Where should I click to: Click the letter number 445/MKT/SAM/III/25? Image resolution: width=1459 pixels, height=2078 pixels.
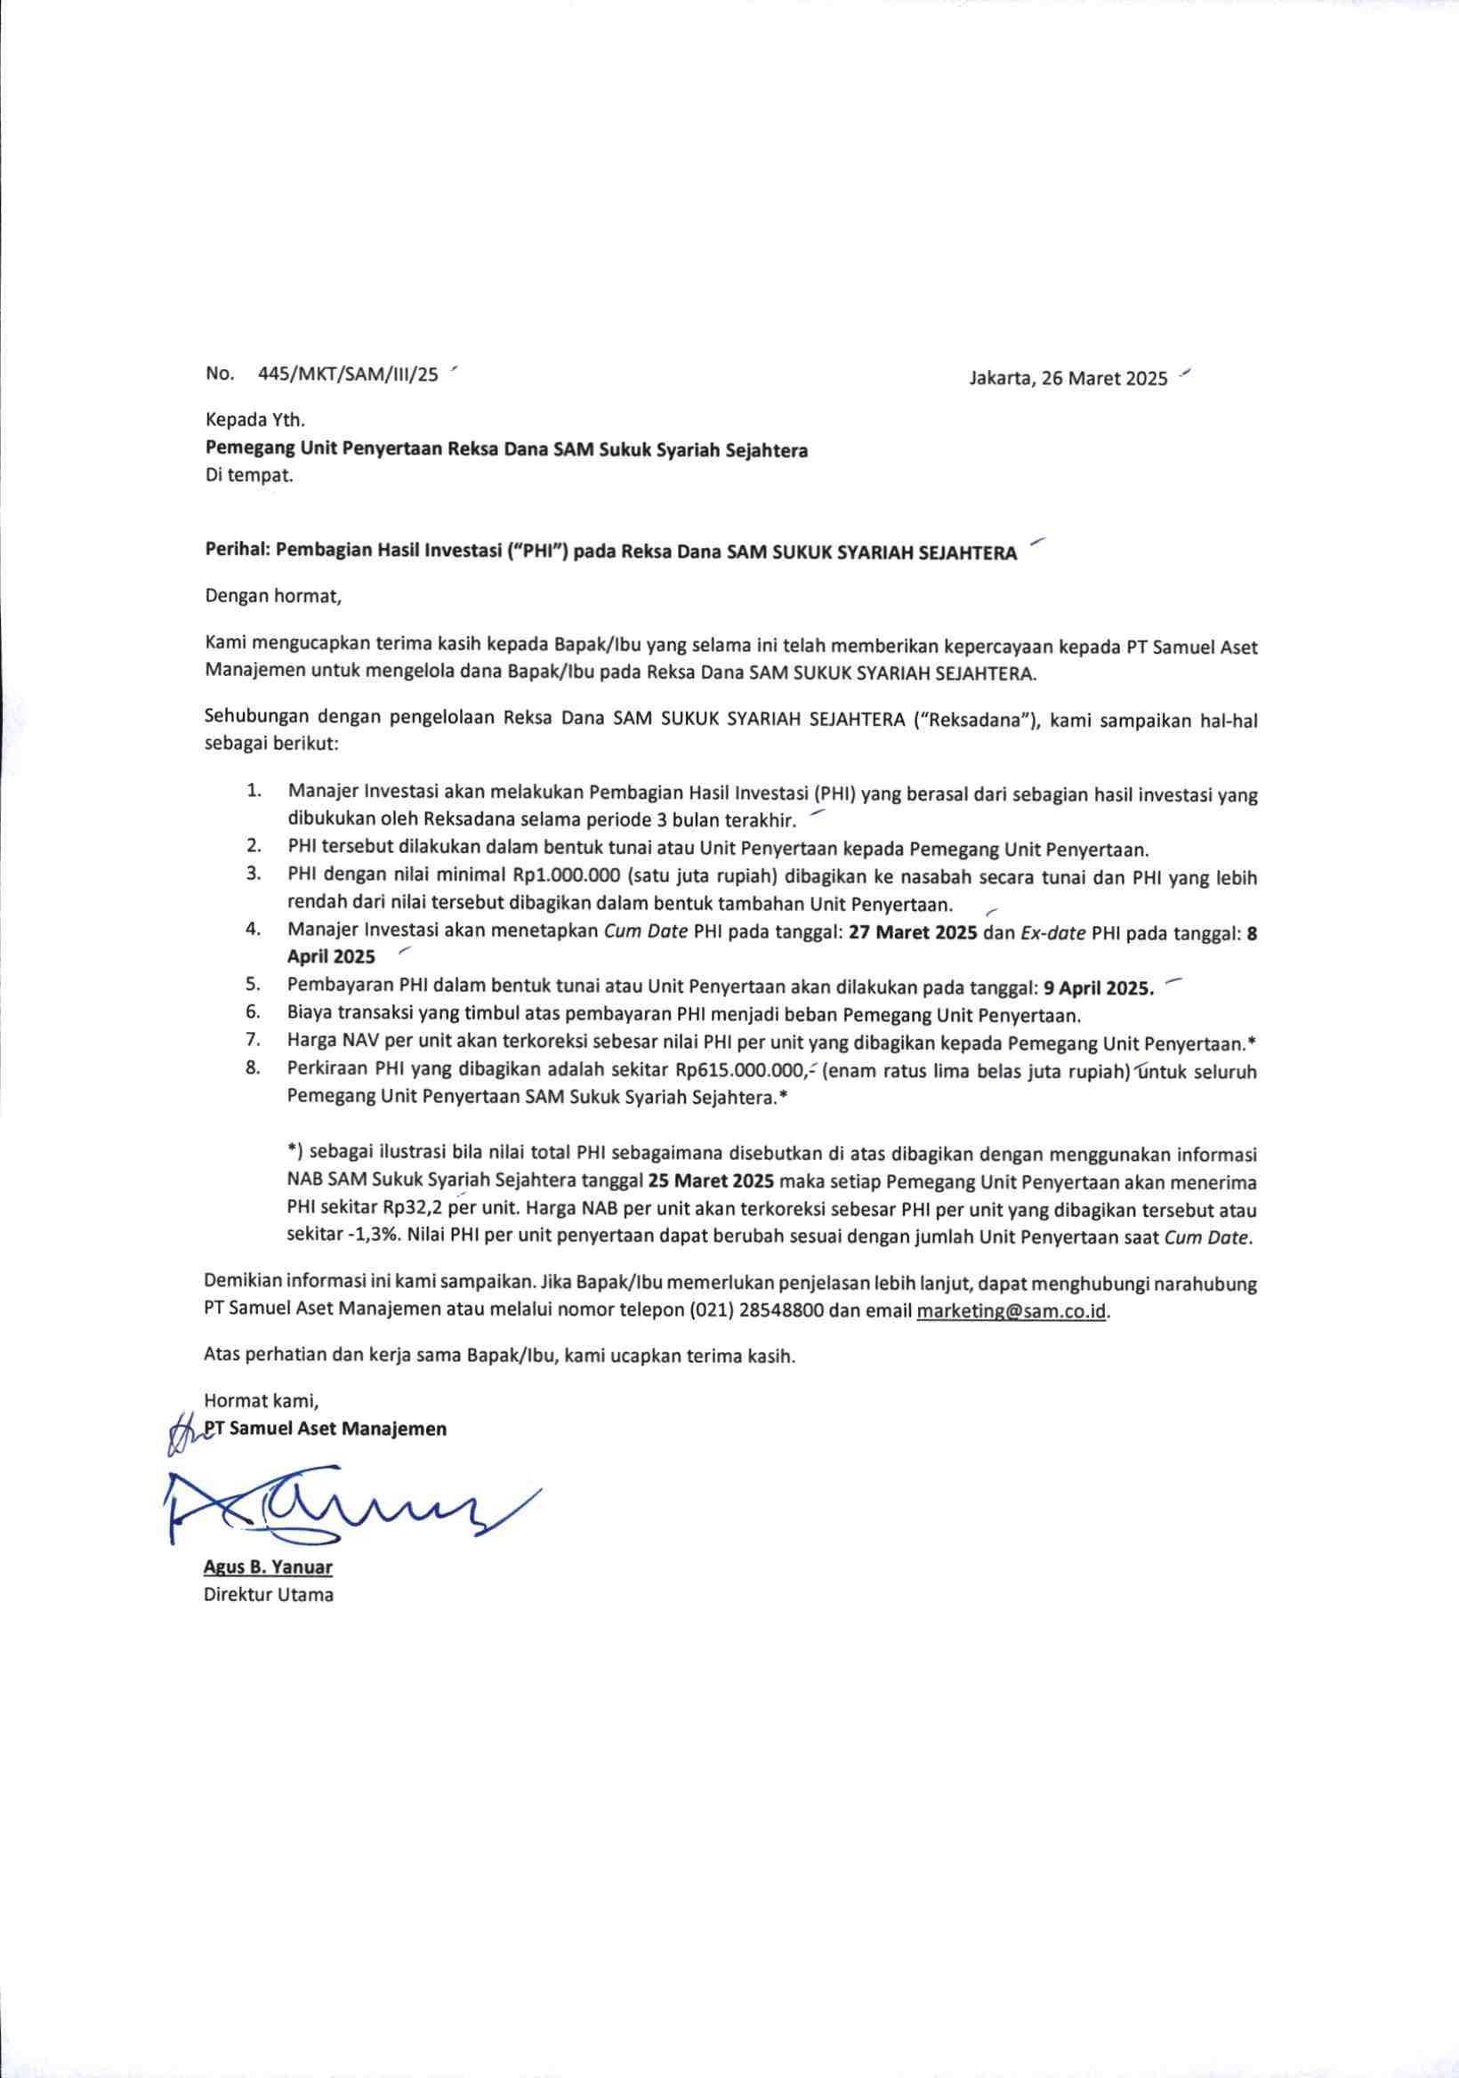coord(348,374)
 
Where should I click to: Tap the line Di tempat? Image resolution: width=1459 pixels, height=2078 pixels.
coord(249,475)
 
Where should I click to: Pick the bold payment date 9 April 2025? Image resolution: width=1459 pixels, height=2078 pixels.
coord(1099,987)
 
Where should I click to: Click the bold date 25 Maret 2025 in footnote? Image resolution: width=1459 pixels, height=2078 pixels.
coord(711,1181)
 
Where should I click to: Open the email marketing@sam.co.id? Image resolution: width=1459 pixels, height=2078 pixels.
coord(1012,1310)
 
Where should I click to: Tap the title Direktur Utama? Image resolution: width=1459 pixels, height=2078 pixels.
coord(268,1595)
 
